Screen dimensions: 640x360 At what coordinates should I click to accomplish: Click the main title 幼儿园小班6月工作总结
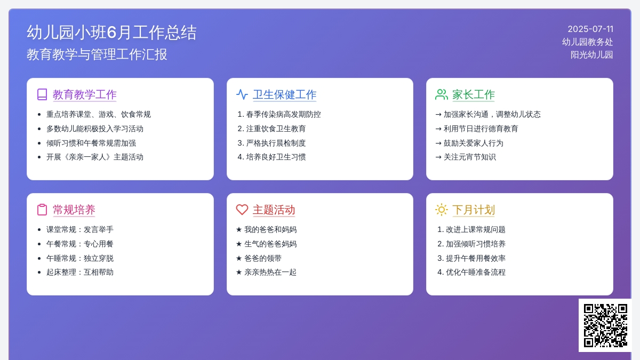[111, 33]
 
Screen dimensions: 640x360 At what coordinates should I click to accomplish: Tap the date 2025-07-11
[590, 29]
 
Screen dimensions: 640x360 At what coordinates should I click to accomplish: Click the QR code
[605, 325]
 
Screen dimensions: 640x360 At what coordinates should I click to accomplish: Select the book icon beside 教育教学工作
[42, 94]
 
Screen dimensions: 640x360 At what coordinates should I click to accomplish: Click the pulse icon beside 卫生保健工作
[242, 94]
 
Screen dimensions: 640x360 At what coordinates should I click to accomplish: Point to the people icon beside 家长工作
[442, 94]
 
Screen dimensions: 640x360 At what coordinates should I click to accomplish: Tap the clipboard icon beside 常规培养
[42, 210]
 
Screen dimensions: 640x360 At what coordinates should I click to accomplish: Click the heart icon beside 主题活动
[242, 210]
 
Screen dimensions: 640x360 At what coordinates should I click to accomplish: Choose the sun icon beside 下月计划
[442, 210]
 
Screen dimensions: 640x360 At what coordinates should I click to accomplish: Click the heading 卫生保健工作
[285, 94]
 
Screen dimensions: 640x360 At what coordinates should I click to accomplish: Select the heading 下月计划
[474, 210]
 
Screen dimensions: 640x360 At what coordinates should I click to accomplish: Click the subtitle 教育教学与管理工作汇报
[97, 54]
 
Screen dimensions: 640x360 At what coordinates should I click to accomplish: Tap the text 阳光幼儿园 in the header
[591, 54]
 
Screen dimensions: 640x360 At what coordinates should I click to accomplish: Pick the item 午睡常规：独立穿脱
[80, 258]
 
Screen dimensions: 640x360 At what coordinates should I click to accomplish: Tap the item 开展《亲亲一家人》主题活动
[95, 157]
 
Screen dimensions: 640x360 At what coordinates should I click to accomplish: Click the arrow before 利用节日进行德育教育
[438, 129]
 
